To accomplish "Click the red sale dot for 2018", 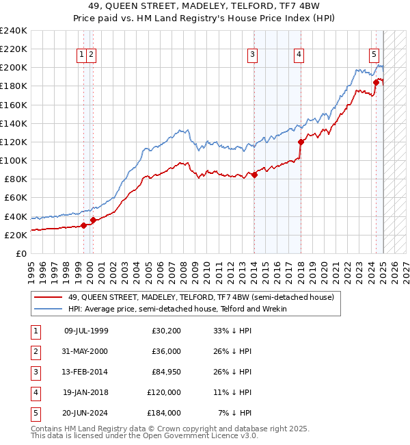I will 301,142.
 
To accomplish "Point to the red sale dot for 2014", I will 254,175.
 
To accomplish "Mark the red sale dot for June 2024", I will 376,82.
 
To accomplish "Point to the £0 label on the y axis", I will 21,253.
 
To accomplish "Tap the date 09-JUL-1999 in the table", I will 86,331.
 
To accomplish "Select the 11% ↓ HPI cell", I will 234,392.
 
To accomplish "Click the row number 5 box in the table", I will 34,413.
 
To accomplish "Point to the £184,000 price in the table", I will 164,413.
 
